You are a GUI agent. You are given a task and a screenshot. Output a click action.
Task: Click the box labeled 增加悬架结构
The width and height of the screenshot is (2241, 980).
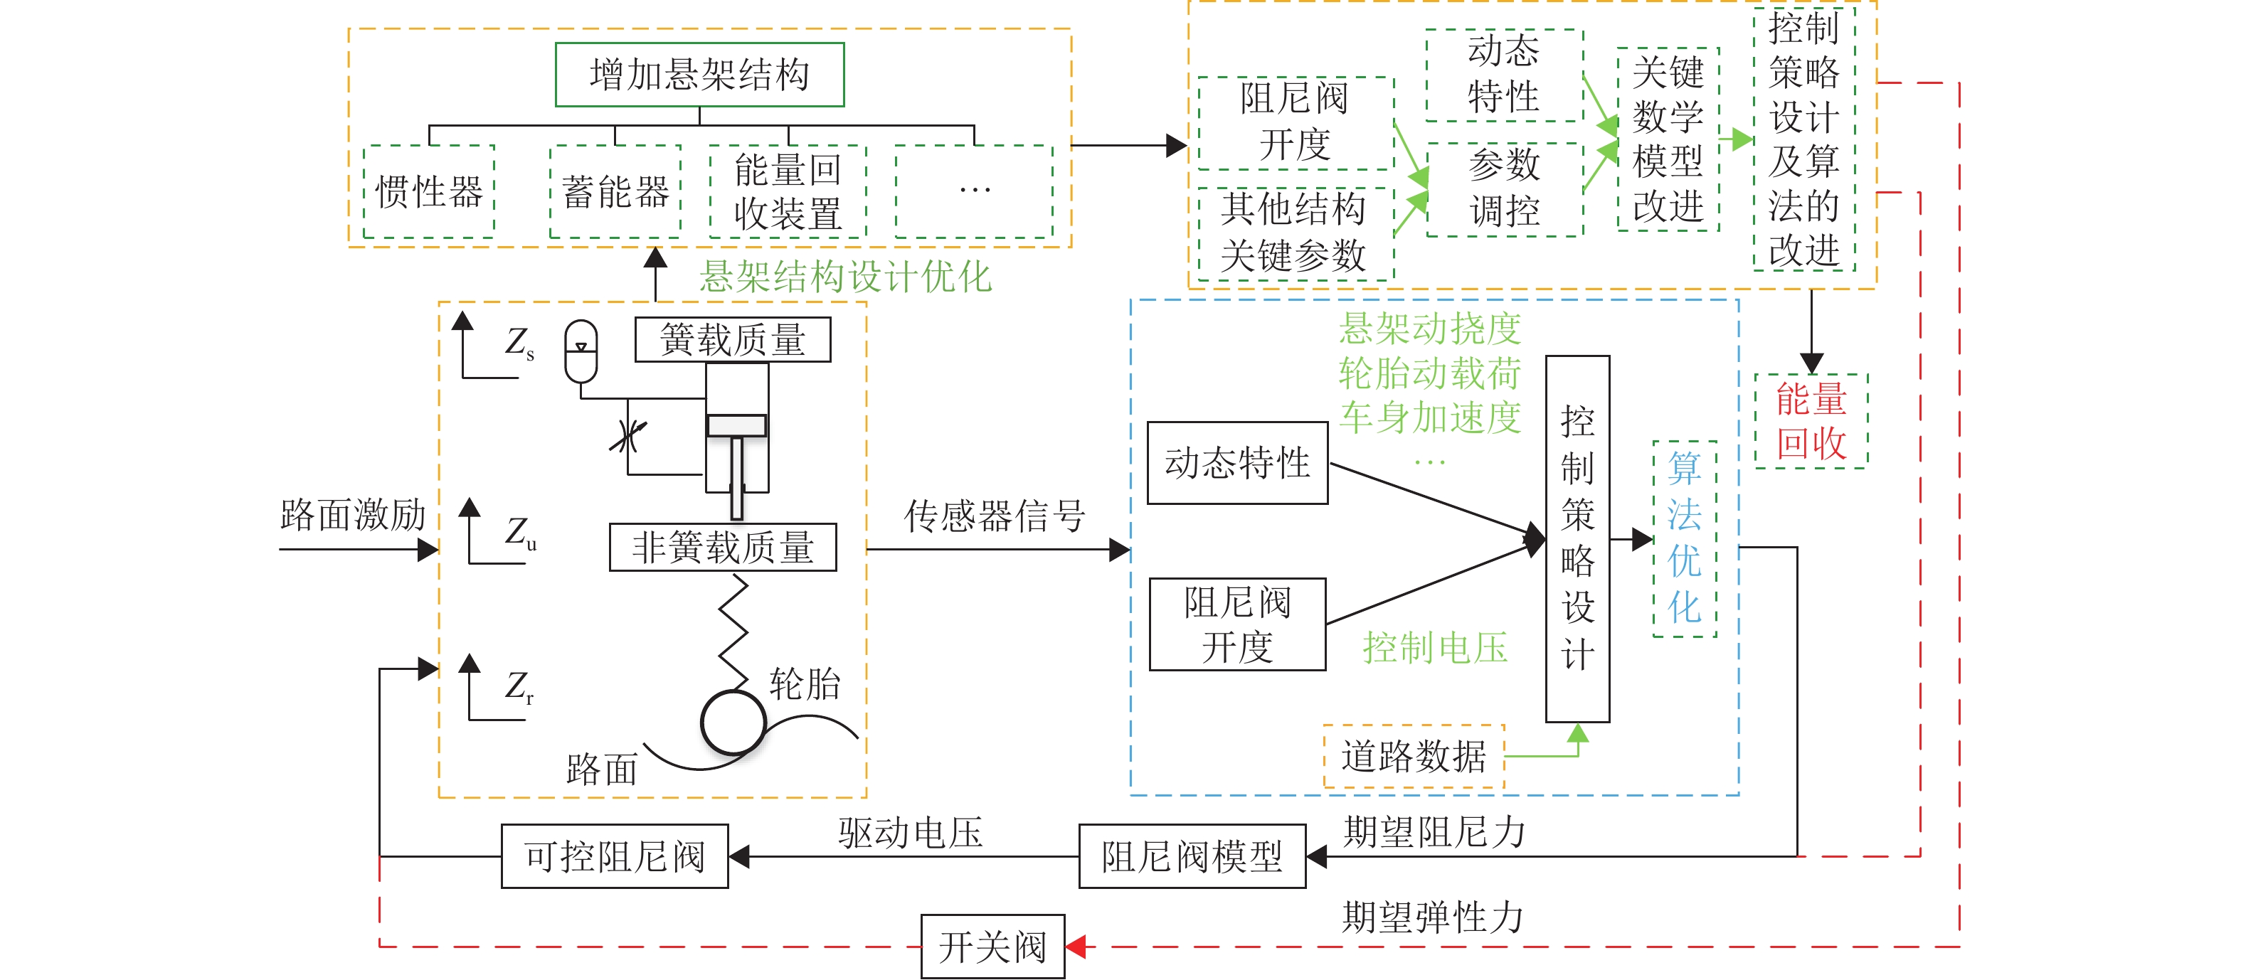coord(699,75)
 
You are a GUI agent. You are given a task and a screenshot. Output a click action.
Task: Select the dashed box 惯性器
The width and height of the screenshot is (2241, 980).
coord(429,191)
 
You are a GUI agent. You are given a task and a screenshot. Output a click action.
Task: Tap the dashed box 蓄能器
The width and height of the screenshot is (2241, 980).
coord(615,191)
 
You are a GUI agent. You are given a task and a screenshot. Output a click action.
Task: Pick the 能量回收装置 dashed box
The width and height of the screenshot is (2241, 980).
coord(788,191)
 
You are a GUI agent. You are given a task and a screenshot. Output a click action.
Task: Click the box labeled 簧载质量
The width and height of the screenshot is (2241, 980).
coord(733,339)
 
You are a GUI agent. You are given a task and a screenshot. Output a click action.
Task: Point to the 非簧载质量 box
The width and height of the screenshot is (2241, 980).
coord(723,547)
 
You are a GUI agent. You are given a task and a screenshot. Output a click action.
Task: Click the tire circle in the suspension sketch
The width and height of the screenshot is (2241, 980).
coord(733,723)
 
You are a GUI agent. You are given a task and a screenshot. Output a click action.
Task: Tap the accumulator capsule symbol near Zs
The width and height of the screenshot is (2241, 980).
coord(581,351)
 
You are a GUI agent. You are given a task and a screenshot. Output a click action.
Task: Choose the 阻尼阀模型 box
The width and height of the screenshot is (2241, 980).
coord(1192,856)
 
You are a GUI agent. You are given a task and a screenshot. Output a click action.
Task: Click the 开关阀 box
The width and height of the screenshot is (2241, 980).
coord(992,946)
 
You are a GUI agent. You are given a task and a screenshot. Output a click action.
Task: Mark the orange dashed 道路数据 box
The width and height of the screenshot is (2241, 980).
coord(1414,756)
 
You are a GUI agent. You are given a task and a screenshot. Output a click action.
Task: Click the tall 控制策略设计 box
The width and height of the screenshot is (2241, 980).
coord(1577,539)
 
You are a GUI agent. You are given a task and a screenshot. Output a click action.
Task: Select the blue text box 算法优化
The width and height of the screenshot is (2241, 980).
coord(1684,539)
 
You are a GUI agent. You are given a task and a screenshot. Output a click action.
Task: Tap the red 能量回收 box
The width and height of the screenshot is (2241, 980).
coord(1811,422)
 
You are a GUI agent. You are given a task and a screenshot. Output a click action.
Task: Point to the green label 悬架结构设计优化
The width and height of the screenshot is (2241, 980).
coord(846,277)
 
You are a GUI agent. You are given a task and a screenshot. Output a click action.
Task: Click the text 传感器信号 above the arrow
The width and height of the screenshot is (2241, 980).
coord(995,516)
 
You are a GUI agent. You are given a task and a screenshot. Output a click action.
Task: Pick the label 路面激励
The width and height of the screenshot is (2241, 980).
coord(352,515)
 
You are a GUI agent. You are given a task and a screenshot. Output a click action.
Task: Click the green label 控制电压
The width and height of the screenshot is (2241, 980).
coord(1434,648)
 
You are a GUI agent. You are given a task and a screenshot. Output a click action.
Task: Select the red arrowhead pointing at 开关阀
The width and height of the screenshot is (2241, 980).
coord(1076,946)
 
